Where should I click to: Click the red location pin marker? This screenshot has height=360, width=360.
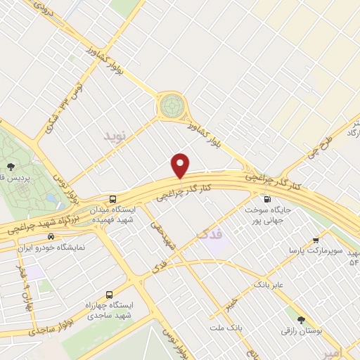pos(181,165)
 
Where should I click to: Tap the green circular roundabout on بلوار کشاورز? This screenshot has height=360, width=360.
pos(170,106)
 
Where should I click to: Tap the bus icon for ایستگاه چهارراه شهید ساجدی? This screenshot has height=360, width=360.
pos(108,295)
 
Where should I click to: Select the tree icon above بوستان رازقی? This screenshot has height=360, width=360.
pos(302,319)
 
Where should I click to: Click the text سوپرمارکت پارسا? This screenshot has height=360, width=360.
pos(321,250)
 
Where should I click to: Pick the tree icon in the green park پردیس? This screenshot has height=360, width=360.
pos(11,166)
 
